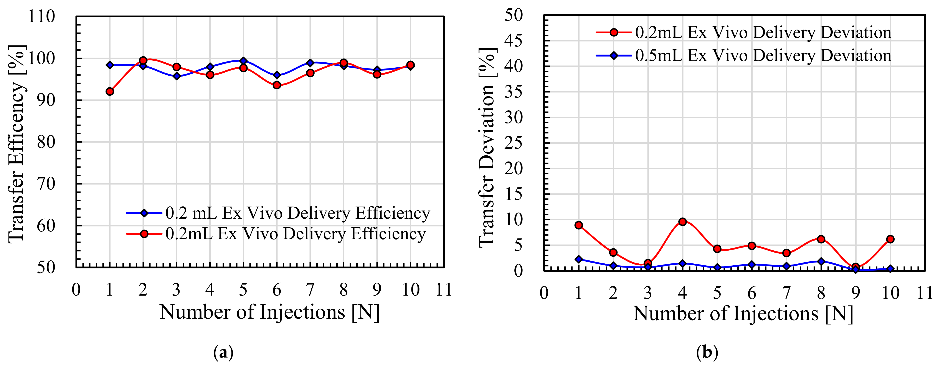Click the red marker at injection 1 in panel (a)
pos(110,91)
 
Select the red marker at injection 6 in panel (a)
pos(277,85)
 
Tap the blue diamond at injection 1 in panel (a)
pos(110,65)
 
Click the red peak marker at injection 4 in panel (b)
pos(682,222)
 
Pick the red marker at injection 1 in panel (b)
pos(579,225)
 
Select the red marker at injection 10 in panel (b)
pos(890,239)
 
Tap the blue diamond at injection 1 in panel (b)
pos(579,259)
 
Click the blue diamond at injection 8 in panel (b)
pos(821,261)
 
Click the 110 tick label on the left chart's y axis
pos(41,17)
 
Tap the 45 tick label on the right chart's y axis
pos(514,41)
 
